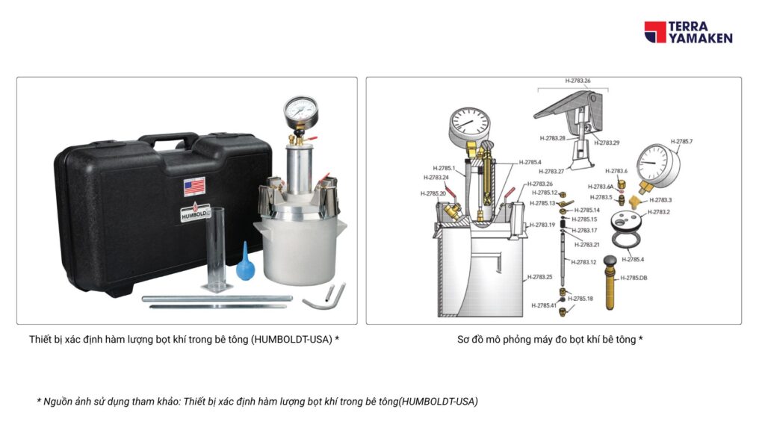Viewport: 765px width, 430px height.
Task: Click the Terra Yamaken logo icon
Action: pyautogui.click(x=654, y=32)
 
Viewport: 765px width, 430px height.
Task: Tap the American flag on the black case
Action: pyautogui.click(x=194, y=185)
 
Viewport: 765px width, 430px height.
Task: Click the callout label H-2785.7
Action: pyautogui.click(x=681, y=141)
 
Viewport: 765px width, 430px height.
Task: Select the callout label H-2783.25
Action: pyautogui.click(x=540, y=277)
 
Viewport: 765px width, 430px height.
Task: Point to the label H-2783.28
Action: pyautogui.click(x=552, y=138)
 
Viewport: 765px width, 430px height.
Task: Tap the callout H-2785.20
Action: pyautogui.click(x=433, y=193)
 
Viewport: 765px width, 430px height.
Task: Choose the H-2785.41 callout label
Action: pyautogui.click(x=543, y=305)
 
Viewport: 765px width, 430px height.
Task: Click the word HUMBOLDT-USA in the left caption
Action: pyautogui.click(x=292, y=339)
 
